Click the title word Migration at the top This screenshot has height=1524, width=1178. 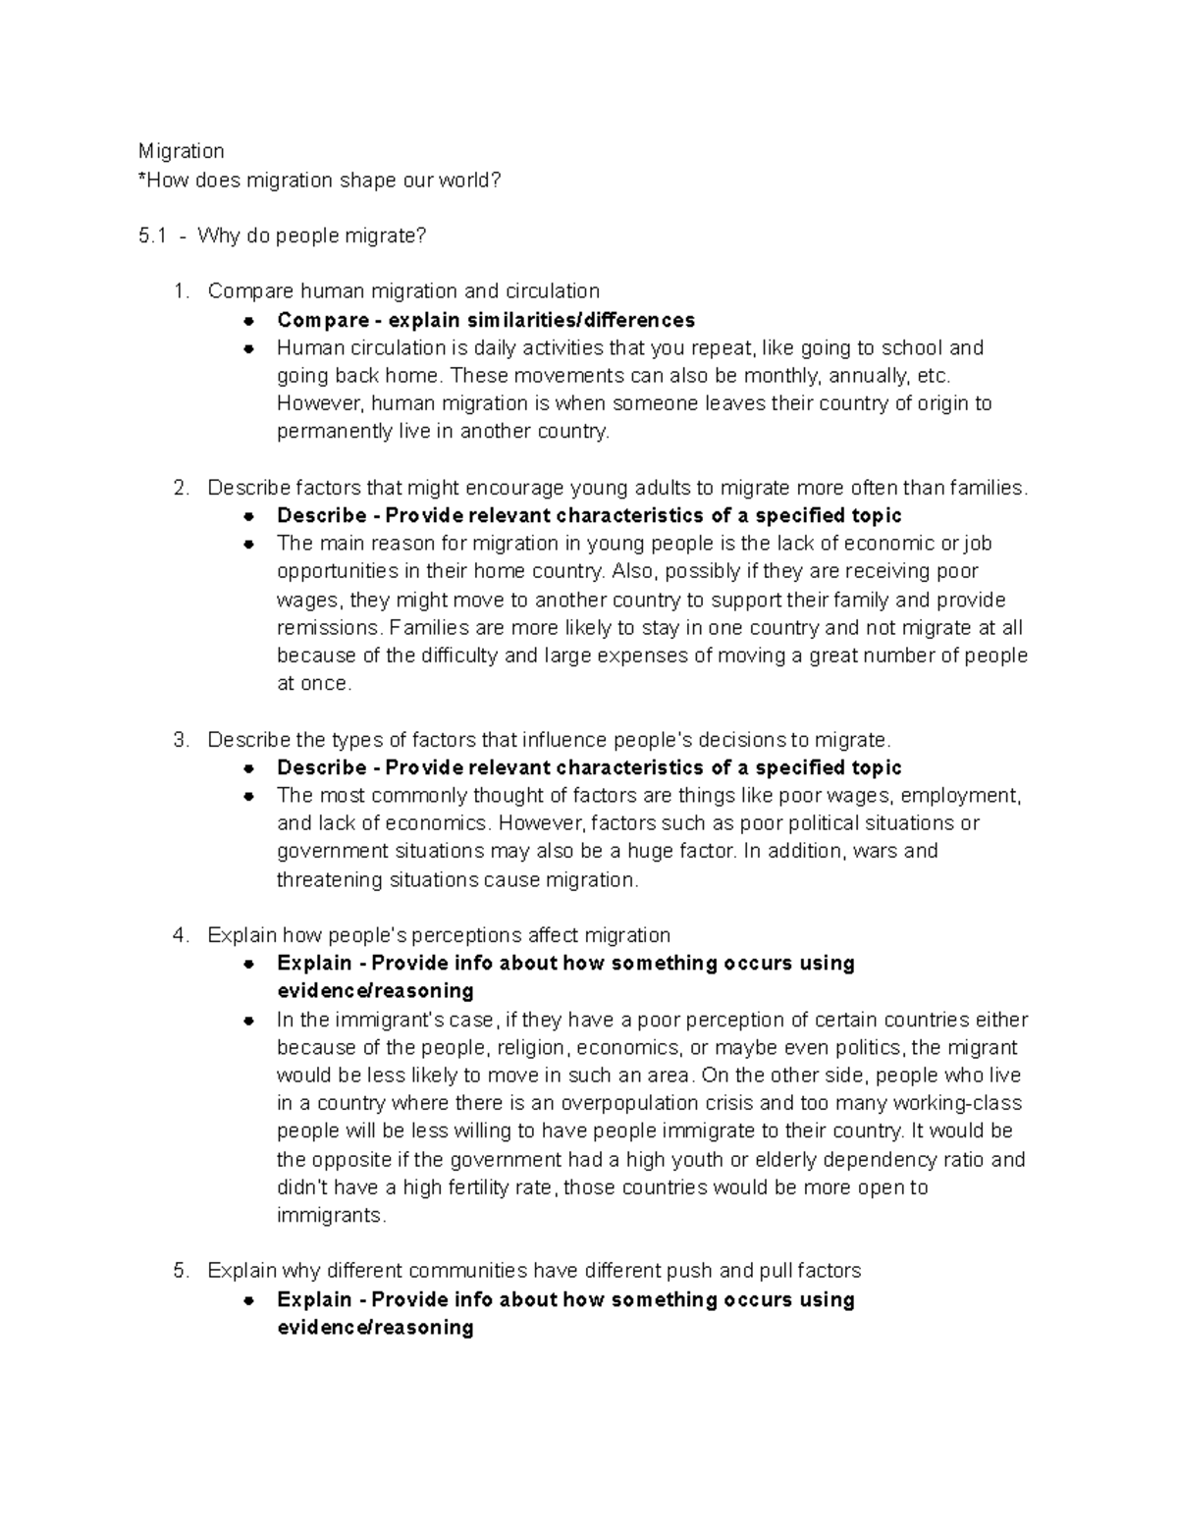pyautogui.click(x=181, y=151)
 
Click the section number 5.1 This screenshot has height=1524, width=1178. pyautogui.click(x=152, y=236)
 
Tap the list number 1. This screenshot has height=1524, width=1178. pyautogui.click(x=179, y=291)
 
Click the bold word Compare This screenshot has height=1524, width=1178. pyautogui.click(x=323, y=320)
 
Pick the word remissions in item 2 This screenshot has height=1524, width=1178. pyautogui.click(x=327, y=628)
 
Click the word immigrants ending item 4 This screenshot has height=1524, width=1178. pyautogui.click(x=330, y=1216)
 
